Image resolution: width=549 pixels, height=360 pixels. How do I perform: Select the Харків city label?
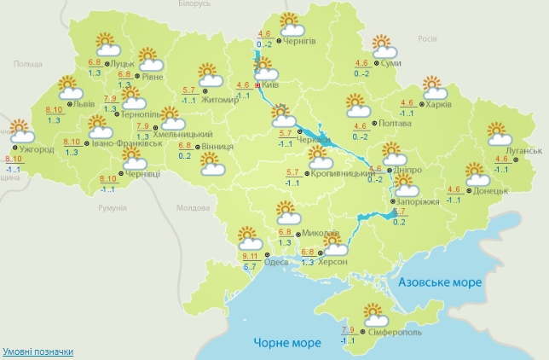[x=437, y=105]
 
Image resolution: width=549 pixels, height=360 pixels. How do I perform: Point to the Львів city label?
[x=84, y=105]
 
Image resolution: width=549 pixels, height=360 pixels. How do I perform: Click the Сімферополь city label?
[x=395, y=330]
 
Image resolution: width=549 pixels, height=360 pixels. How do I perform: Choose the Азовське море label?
[x=441, y=282]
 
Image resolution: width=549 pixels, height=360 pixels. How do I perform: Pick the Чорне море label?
[x=287, y=343]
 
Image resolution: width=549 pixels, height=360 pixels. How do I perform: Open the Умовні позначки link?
[x=37, y=351]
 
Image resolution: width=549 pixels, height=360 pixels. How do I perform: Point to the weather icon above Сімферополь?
[x=374, y=314]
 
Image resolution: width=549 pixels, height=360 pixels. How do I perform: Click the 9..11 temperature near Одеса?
[x=250, y=256]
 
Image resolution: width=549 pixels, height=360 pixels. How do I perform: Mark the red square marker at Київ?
[x=257, y=85]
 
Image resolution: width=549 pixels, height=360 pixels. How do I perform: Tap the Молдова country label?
[x=191, y=207]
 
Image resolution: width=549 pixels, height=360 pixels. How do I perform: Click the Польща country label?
[x=27, y=63]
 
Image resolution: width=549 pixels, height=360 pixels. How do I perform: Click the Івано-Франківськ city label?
[x=127, y=143]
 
